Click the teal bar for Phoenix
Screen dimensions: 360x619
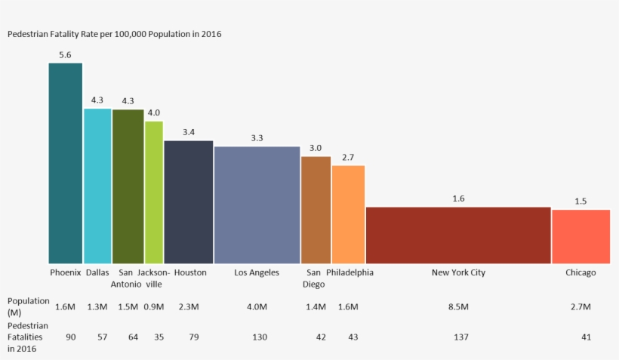(66, 163)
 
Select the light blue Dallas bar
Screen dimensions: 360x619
(97, 186)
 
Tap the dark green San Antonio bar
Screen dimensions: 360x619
(128, 186)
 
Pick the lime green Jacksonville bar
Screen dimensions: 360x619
(154, 192)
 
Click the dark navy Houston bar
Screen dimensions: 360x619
(189, 202)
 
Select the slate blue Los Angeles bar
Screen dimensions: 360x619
(257, 205)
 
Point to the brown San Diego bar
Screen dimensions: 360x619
(316, 210)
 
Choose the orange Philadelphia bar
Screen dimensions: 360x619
(348, 214)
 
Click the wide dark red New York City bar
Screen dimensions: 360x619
(458, 235)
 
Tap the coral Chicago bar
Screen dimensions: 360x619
(581, 236)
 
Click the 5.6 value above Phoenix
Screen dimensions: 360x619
(65, 55)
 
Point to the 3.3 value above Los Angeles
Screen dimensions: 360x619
(257, 138)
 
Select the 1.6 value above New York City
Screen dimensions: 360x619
(458, 198)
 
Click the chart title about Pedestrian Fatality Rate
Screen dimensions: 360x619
(114, 34)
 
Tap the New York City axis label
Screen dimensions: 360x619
(458, 272)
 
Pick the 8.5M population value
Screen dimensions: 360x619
(458, 306)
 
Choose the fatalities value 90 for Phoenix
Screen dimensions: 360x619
(71, 337)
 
